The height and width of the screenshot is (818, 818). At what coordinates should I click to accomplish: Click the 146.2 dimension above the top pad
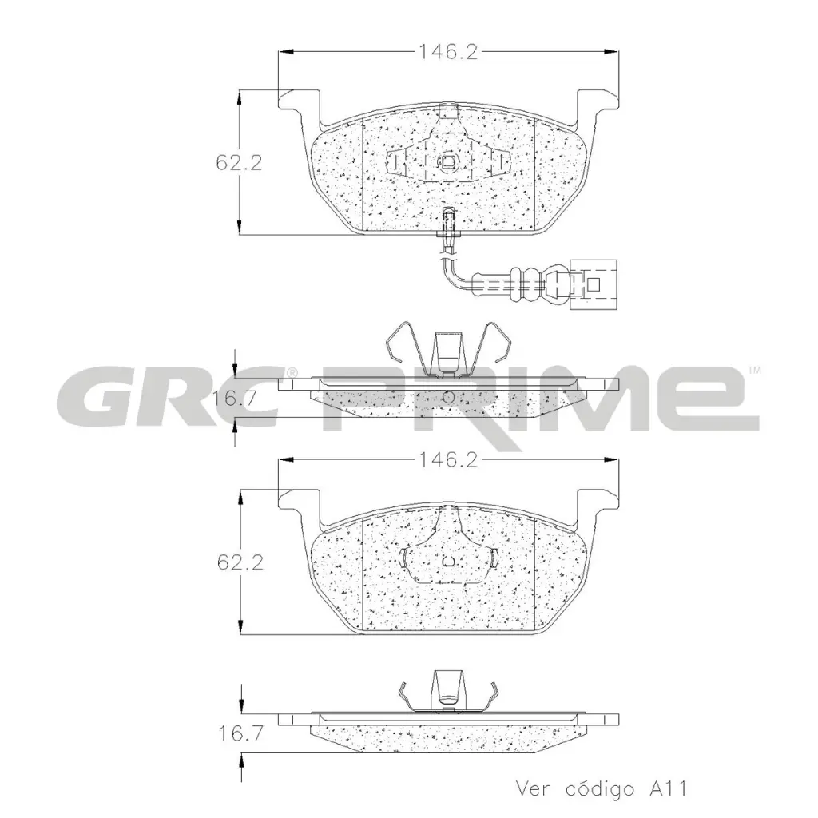tap(448, 53)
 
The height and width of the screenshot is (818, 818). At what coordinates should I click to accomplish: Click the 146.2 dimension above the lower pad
tap(448, 461)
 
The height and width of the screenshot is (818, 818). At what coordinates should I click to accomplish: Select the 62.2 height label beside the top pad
tap(239, 163)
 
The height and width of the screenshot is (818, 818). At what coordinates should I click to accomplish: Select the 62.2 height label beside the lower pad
tap(239, 564)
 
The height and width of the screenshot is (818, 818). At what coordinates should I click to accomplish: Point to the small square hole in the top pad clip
tap(447, 164)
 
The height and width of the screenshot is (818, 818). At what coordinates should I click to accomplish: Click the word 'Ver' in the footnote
tap(534, 789)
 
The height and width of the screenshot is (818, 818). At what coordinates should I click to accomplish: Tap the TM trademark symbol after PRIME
tap(753, 371)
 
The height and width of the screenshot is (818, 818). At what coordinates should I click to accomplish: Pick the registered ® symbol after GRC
tap(292, 373)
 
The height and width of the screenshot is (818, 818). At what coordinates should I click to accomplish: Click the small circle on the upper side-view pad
tap(448, 397)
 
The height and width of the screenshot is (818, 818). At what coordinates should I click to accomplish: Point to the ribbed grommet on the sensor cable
tap(526, 284)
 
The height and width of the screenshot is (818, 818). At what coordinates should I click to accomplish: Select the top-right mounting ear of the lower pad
tap(599, 501)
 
